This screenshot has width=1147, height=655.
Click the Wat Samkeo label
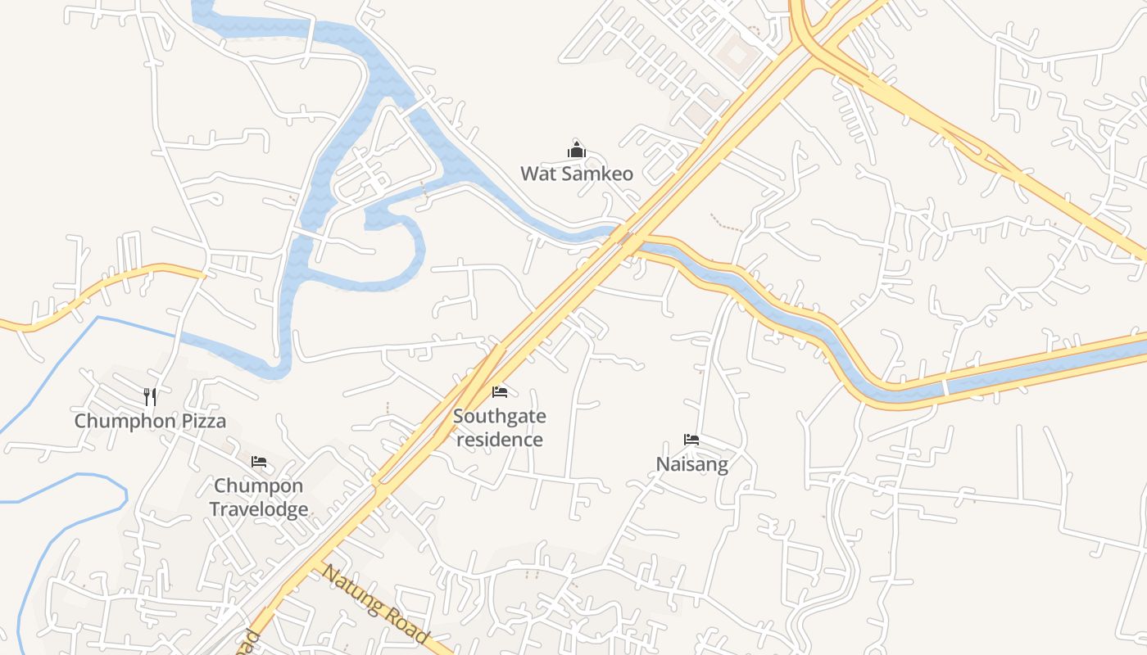coord(577,174)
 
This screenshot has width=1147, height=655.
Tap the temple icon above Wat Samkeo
coord(577,150)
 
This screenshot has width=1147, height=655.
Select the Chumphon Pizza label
coord(150,421)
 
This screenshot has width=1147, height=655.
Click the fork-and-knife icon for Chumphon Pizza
coord(150,397)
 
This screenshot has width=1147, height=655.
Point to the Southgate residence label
coord(500,427)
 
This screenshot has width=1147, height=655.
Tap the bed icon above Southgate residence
coord(500,392)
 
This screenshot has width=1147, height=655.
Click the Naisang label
coord(691,464)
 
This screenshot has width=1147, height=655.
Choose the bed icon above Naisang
coord(691,440)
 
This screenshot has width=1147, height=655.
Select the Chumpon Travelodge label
coord(259,497)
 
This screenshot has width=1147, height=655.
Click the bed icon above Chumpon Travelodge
coord(259,462)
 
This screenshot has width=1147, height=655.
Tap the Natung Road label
coord(375,603)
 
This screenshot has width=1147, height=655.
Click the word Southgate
coord(500,416)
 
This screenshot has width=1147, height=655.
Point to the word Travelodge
coord(259,509)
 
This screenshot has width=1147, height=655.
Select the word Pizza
coord(204,421)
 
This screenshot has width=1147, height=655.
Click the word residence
coord(500,440)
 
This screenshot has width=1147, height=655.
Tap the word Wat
coord(537,174)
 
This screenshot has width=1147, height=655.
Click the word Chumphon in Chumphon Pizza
coord(125,421)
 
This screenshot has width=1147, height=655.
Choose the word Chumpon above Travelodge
coord(259,486)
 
